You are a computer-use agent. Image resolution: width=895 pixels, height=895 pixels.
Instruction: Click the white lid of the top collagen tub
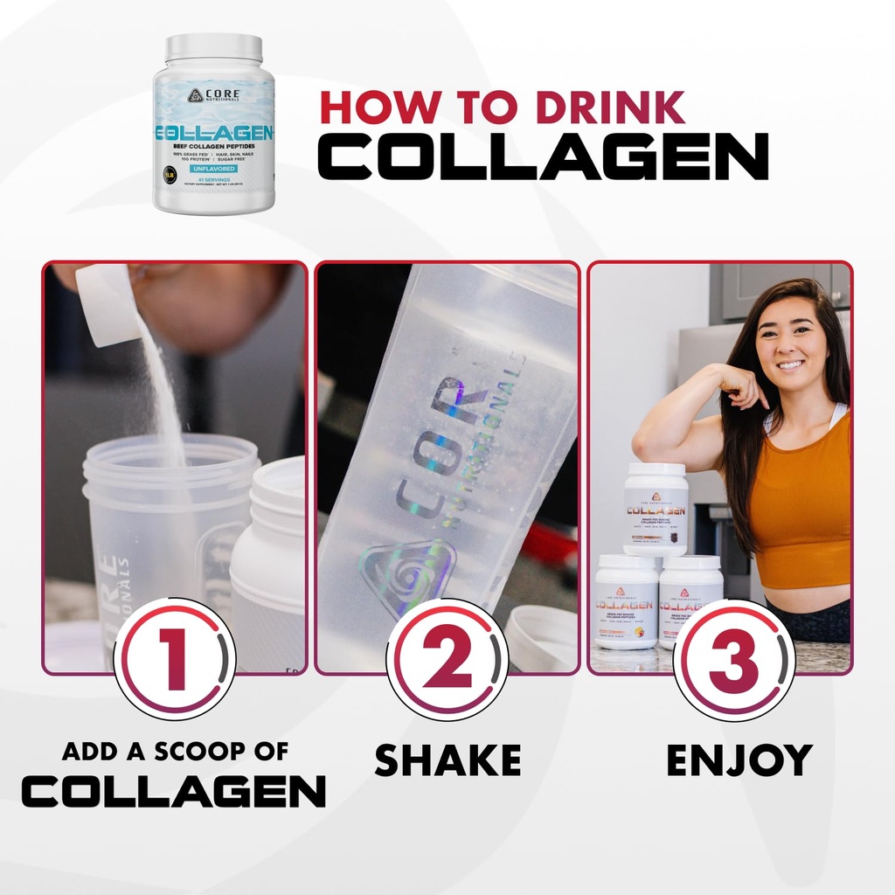pyautogui.click(x=214, y=48)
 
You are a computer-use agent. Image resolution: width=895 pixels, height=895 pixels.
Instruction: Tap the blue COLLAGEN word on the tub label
pyautogui.click(x=214, y=133)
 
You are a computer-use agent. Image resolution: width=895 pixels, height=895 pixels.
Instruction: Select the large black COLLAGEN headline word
pyautogui.click(x=542, y=156)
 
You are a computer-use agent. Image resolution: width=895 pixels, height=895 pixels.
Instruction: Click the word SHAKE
pyautogui.click(x=447, y=760)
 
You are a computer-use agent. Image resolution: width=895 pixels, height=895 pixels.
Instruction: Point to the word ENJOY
pyautogui.click(x=739, y=760)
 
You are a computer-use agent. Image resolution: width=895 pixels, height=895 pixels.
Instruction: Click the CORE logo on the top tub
pyautogui.click(x=214, y=95)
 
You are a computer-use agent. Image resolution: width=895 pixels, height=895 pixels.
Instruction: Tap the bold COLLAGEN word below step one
pyautogui.click(x=174, y=791)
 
